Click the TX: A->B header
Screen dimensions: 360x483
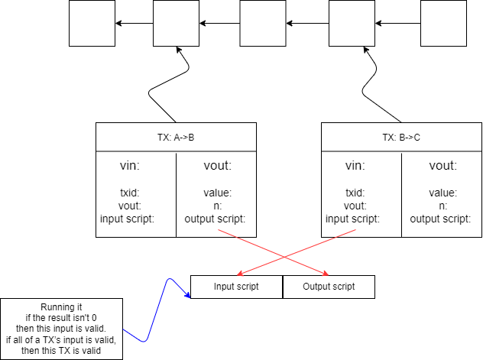point(176,137)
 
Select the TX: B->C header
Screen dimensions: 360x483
point(400,137)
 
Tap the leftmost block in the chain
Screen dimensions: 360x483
point(92,24)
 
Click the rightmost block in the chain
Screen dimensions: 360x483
point(444,24)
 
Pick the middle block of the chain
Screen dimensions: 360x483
point(262,24)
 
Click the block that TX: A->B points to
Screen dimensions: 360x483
point(176,24)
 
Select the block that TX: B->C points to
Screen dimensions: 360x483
point(352,24)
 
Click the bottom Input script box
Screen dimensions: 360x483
point(236,287)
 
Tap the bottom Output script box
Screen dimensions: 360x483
point(329,287)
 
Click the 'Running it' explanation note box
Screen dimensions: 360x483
point(60,329)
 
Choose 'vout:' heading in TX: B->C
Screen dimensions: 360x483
point(443,166)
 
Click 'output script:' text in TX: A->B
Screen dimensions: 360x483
point(216,219)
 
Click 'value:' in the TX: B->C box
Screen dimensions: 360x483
point(443,193)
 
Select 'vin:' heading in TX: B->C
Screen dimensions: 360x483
point(355,166)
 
